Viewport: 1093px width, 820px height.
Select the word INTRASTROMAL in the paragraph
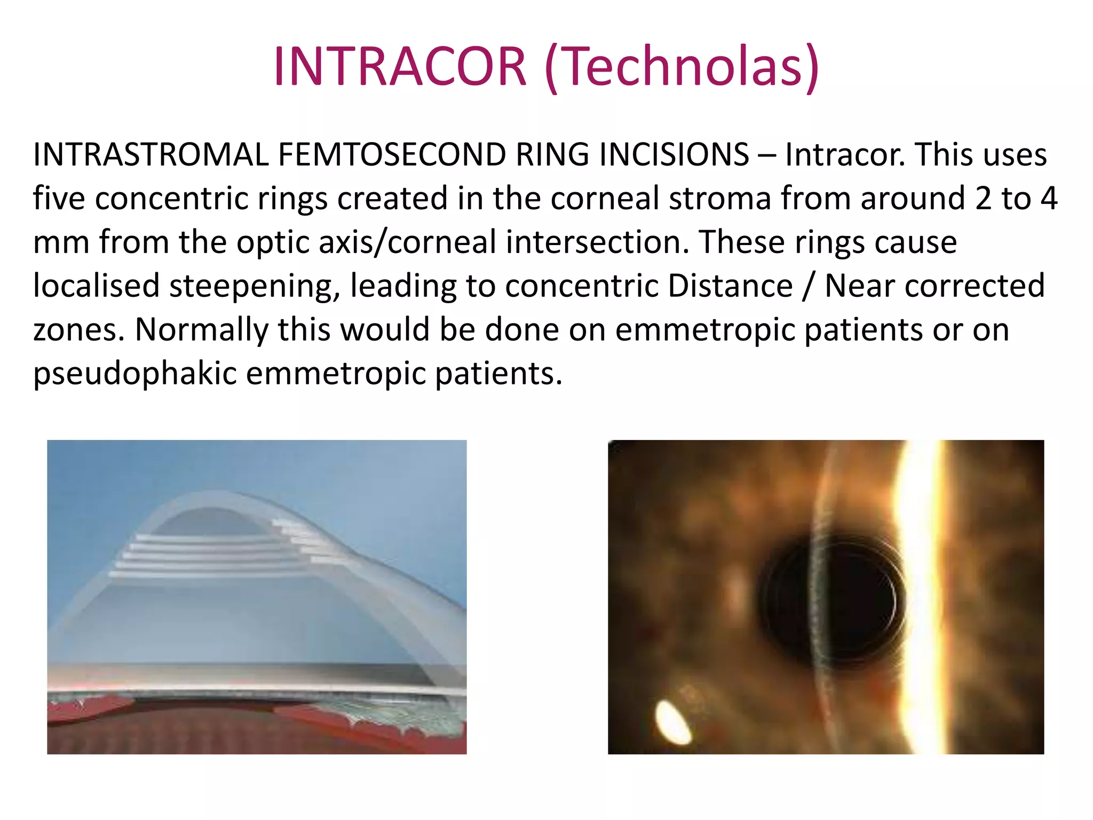pyautogui.click(x=151, y=155)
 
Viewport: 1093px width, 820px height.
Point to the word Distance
pyautogui.click(x=730, y=286)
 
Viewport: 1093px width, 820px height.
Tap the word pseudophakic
pyautogui.click(x=134, y=374)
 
